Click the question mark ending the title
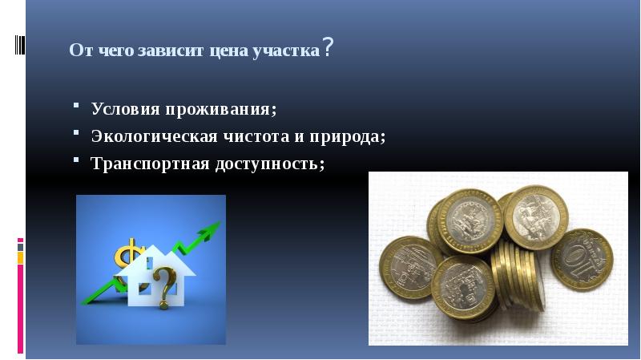click(x=329, y=48)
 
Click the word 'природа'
click(x=346, y=136)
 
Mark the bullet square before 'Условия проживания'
click(x=75, y=105)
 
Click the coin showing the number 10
click(x=583, y=259)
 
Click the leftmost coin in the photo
click(x=409, y=267)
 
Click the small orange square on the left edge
click(x=21, y=258)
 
